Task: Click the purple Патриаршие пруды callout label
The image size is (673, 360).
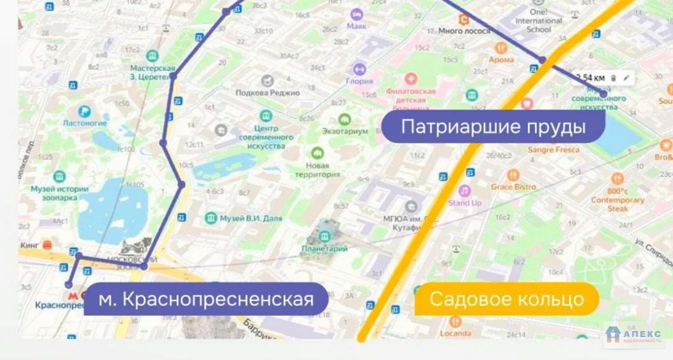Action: pyautogui.click(x=492, y=126)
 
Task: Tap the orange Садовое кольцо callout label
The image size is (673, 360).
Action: pyautogui.click(x=506, y=300)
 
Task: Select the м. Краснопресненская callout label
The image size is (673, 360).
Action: pyautogui.click(x=205, y=300)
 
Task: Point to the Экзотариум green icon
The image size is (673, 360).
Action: pyautogui.click(x=344, y=120)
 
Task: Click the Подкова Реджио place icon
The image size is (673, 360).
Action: pyautogui.click(x=267, y=81)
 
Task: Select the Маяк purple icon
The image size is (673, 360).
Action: pyautogui.click(x=356, y=14)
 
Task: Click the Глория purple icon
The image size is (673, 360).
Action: pyautogui.click(x=360, y=68)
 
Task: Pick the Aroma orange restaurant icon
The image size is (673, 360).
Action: pyautogui.click(x=501, y=47)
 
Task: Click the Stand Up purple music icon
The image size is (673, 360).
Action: pyautogui.click(x=465, y=191)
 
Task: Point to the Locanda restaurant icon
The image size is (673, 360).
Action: pyautogui.click(x=455, y=321)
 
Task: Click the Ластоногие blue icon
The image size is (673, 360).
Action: pyautogui.click(x=84, y=112)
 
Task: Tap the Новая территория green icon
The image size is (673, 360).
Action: pyautogui.click(x=318, y=153)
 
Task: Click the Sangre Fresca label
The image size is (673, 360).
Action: pyautogui.click(x=553, y=150)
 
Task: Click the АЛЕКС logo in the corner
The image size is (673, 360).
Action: pyautogui.click(x=634, y=335)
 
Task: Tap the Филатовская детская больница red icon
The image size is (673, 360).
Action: pyautogui.click(x=411, y=79)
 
